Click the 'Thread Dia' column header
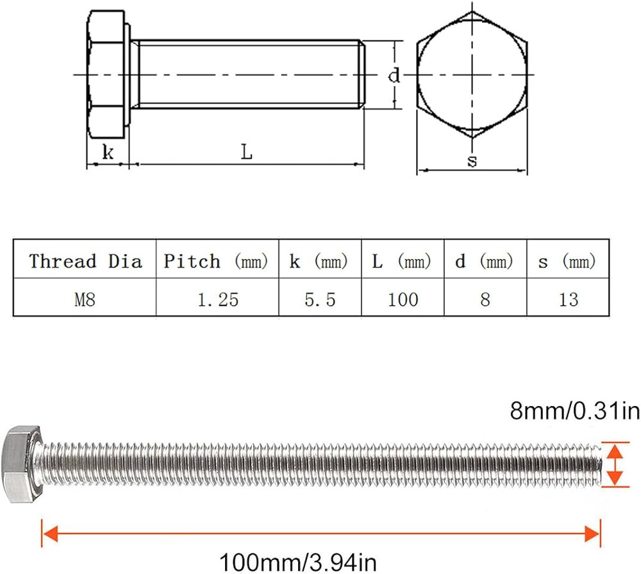(x=85, y=261)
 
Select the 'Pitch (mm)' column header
(x=217, y=261)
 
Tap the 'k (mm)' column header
(x=319, y=261)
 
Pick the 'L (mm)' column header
(x=403, y=261)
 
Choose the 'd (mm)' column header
(x=485, y=261)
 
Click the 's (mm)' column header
(x=567, y=261)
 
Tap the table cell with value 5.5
(x=320, y=299)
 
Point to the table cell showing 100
(x=403, y=299)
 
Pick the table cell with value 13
(x=567, y=299)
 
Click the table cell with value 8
(x=485, y=299)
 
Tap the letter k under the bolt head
(x=108, y=153)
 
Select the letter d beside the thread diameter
(x=394, y=76)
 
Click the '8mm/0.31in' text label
(x=574, y=410)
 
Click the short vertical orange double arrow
(x=615, y=464)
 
